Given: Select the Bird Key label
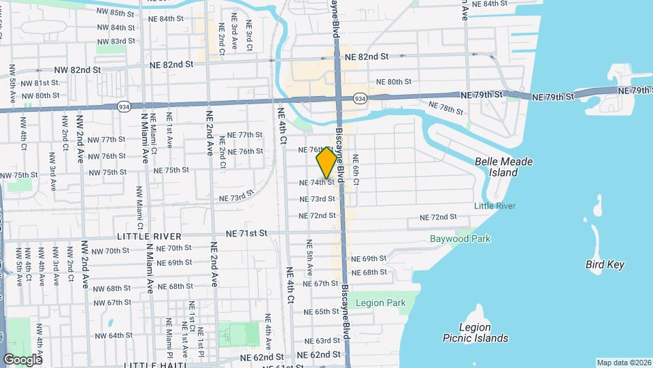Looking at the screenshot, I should pyautogui.click(x=605, y=264).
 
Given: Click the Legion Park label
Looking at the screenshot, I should pyautogui.click(x=380, y=303).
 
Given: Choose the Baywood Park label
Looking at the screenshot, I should pyautogui.click(x=460, y=239).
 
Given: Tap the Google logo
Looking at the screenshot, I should pyautogui.click(x=22, y=359).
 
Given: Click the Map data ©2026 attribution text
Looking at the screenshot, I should pyautogui.click(x=623, y=363).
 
